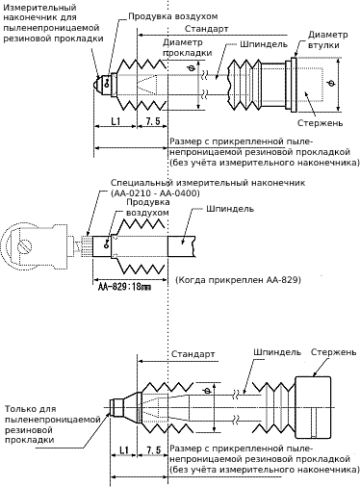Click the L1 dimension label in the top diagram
pos(116,121)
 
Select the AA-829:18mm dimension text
pos(124,287)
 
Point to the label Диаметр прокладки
pos(188,47)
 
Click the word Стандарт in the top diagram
pos(207,29)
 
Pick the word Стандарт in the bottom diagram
pos(193,354)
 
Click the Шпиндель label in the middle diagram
pos(230,209)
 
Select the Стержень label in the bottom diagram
pos(334,352)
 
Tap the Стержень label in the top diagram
pos(320,123)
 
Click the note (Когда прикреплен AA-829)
pos(238,280)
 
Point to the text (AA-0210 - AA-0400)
pos(155,193)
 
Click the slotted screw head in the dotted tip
pos(25,247)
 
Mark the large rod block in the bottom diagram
pos(313,408)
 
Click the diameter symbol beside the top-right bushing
pos(331,84)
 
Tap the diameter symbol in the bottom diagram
pos(207,391)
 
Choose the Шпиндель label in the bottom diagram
pos(277,352)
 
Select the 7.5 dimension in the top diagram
pos(153,121)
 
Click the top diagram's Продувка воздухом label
pos(173,16)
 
